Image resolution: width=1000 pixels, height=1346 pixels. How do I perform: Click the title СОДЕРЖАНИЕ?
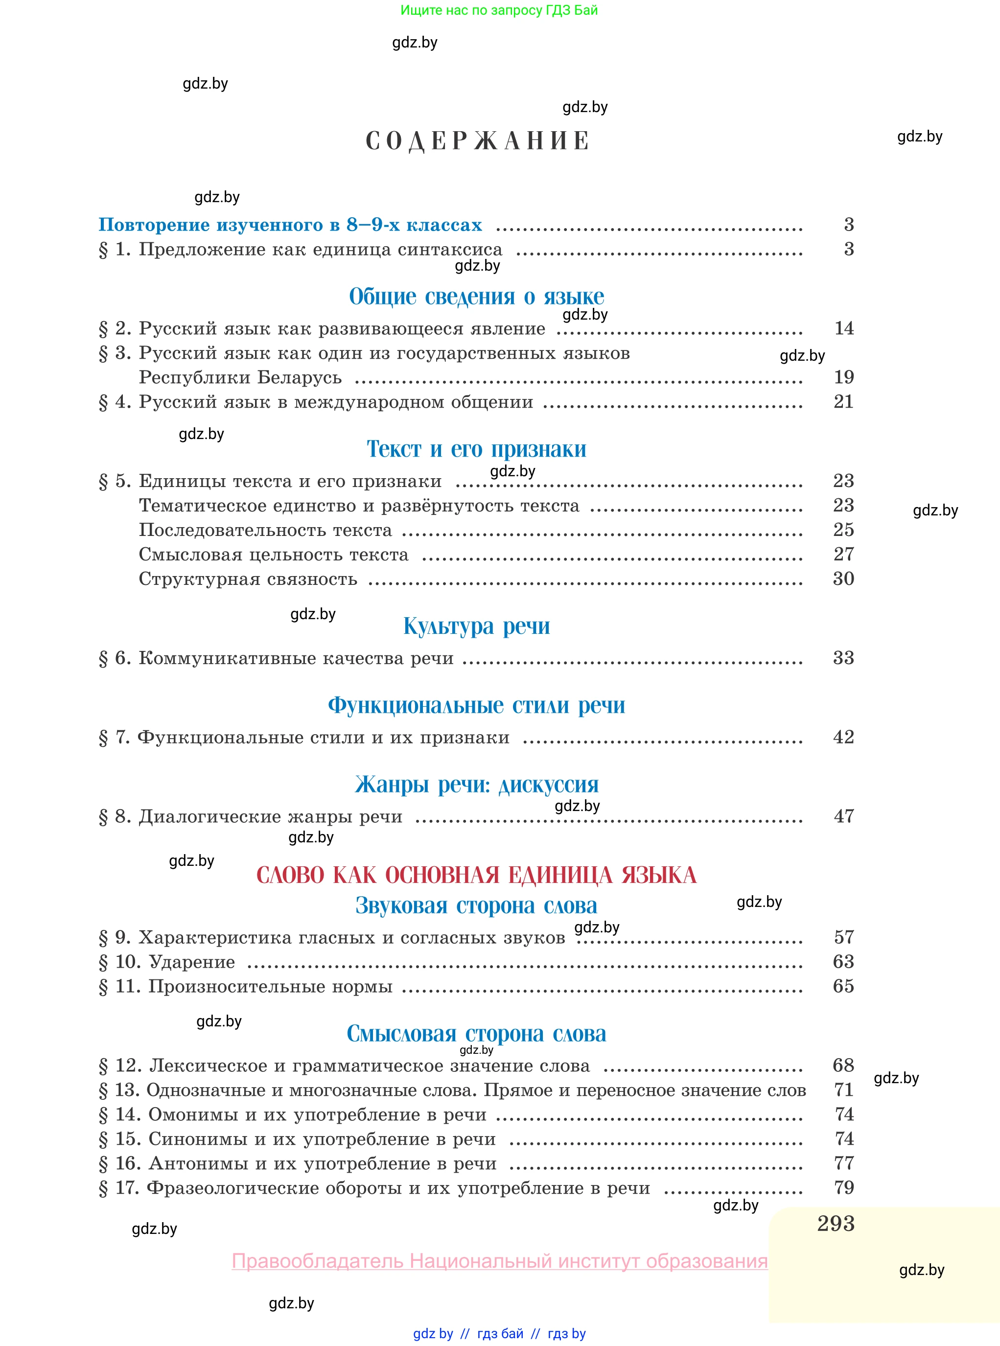[x=477, y=141]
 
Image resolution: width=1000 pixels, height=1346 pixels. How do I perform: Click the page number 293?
[x=836, y=1223]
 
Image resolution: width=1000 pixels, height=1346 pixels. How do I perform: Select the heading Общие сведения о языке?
[x=476, y=297]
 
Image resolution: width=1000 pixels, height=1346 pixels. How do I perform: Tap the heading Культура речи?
[x=476, y=626]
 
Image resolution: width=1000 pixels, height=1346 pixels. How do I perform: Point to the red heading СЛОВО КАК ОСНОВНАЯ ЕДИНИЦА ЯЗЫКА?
[x=476, y=875]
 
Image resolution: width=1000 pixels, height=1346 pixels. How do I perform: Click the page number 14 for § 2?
[x=844, y=328]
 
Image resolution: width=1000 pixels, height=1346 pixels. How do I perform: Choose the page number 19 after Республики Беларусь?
[x=844, y=377]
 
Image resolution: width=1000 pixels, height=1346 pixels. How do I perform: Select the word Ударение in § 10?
[x=192, y=962]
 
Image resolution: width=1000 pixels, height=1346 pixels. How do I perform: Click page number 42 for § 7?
[x=843, y=737]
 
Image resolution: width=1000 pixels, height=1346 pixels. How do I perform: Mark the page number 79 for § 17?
[x=844, y=1187]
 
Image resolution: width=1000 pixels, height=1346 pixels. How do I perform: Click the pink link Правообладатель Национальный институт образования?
[x=499, y=1261]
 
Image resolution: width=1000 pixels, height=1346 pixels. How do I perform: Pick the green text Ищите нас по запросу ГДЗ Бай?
[x=499, y=10]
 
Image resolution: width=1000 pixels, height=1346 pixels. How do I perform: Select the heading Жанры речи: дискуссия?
[x=476, y=785]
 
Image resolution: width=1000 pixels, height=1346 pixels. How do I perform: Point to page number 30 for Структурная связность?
[x=843, y=579]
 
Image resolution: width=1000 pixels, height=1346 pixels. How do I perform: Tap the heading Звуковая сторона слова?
[x=476, y=905]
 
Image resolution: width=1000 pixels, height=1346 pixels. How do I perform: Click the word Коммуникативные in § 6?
[x=227, y=658]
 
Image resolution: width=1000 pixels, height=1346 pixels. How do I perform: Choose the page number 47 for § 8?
[x=844, y=816]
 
